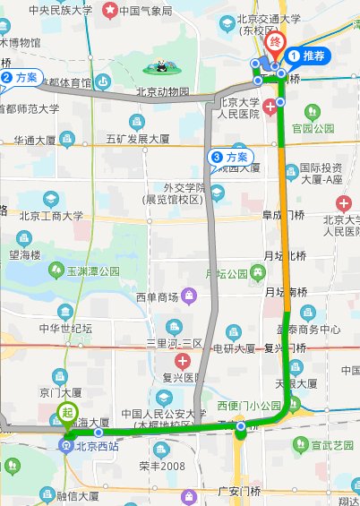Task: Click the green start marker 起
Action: point(67,415)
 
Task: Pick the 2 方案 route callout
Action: point(19,78)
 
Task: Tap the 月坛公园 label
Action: point(227,273)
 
